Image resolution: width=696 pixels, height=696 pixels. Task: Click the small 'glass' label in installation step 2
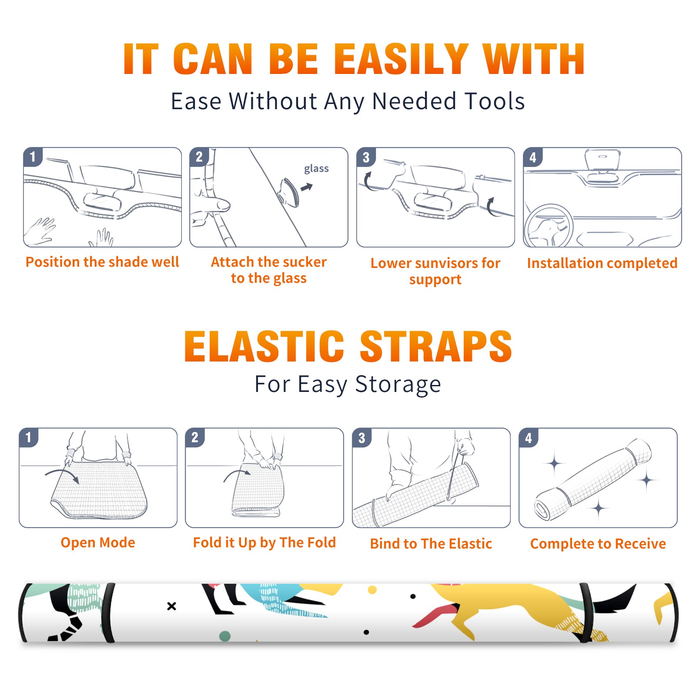coord(316,169)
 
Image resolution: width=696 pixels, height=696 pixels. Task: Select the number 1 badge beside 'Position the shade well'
coord(33,157)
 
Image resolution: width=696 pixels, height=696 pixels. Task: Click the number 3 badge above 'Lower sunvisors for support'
coord(366,157)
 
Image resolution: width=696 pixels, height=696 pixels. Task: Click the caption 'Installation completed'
coord(602,263)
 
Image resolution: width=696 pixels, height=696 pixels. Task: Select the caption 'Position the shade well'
coord(102,262)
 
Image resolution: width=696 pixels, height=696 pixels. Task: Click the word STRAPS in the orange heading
coord(436,346)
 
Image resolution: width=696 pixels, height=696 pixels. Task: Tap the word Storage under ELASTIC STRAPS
coord(398,385)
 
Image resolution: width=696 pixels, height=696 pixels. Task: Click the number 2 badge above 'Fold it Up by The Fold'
coord(194,438)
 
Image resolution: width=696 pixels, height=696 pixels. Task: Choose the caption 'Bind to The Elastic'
coord(431,543)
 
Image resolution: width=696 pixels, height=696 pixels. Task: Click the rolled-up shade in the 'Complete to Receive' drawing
coord(593,479)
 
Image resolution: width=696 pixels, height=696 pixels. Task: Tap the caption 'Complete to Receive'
coord(598,543)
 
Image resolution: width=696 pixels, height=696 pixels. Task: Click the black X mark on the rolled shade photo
coord(172,606)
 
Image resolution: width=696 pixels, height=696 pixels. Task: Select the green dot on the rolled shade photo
coord(225,636)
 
